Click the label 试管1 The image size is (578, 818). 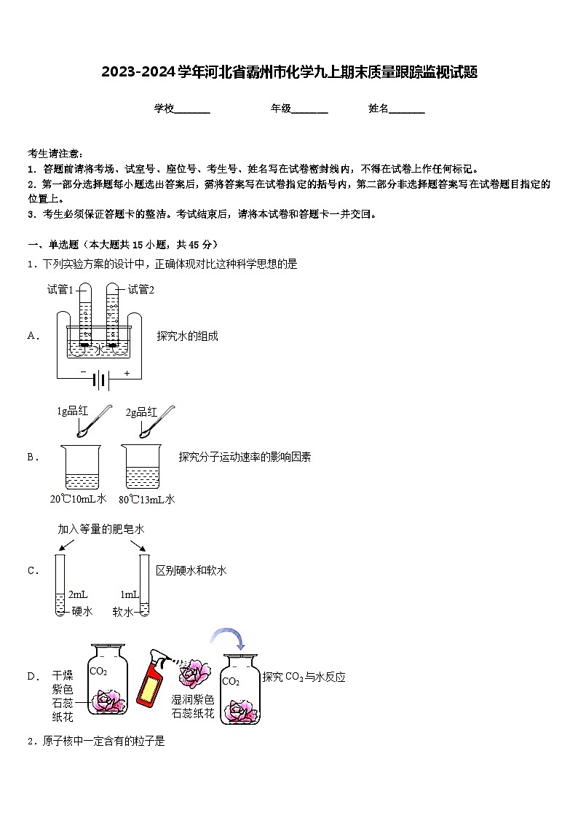tap(60, 289)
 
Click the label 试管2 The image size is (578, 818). tap(141, 289)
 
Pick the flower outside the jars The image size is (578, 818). tap(194, 674)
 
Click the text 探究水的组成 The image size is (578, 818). tap(187, 336)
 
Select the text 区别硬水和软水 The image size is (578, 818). tap(191, 570)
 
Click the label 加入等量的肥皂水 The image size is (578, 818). tap(101, 529)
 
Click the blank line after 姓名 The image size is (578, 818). tap(407, 109)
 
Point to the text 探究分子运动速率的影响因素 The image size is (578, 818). tap(245, 457)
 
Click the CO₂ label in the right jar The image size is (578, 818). tap(231, 681)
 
